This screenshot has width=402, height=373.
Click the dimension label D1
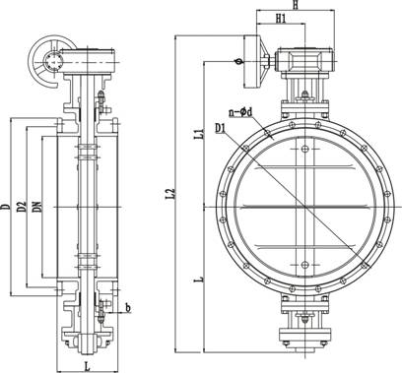(x=221, y=128)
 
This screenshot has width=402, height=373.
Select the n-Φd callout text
(x=240, y=112)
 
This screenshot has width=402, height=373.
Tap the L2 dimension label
(x=170, y=194)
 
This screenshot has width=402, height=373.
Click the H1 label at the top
(x=281, y=19)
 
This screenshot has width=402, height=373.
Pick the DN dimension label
(x=38, y=206)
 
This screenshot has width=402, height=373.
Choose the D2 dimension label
(x=22, y=207)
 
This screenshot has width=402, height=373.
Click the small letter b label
(x=128, y=307)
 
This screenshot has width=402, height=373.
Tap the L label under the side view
(x=87, y=366)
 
